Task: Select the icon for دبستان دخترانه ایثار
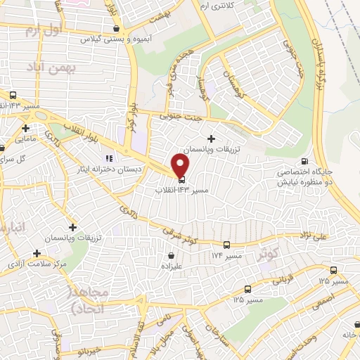(109, 158)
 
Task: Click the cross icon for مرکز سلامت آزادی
(37, 251)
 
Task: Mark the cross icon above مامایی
(26, 129)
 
